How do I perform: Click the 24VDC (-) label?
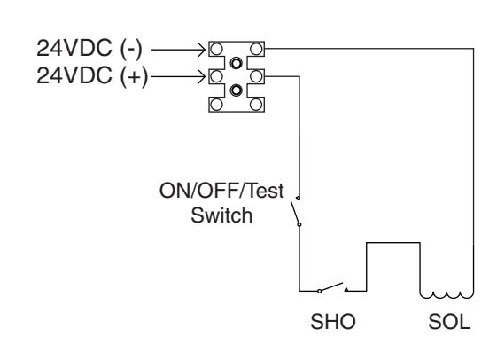(89, 49)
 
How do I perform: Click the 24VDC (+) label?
(92, 75)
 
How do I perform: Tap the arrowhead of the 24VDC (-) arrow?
(202, 50)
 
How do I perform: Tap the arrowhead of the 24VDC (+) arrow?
(202, 77)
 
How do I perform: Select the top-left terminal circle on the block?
(216, 49)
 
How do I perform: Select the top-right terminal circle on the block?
(256, 49)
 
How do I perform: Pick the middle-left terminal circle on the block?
(216, 76)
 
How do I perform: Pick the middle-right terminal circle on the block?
(256, 76)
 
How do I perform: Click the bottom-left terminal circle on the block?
(216, 104)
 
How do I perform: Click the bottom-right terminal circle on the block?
(256, 104)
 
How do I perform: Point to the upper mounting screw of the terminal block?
(237, 63)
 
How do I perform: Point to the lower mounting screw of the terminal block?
(237, 90)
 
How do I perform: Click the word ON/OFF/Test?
(221, 191)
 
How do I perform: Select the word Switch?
(221, 215)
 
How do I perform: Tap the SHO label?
(333, 321)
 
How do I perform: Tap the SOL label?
(449, 321)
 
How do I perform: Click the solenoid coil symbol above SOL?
(447, 295)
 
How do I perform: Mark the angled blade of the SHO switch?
(331, 286)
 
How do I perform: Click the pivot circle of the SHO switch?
(320, 291)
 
